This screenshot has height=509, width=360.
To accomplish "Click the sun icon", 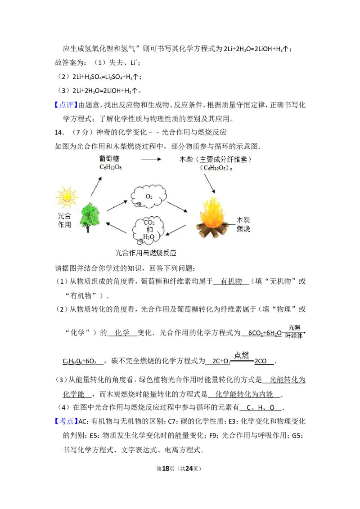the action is pyautogui.click(x=67, y=197).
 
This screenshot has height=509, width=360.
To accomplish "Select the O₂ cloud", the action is pyautogui.click(x=148, y=196).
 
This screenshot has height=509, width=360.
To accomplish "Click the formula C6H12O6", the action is pyautogui.click(x=111, y=167).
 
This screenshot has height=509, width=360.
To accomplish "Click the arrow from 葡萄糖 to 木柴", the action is pyautogui.click(x=151, y=159).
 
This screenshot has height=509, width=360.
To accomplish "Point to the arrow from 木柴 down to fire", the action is pyautogui.click(x=209, y=183).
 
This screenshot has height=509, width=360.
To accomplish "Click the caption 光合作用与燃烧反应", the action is pyautogui.click(x=146, y=254).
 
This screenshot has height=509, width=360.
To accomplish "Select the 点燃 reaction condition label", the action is pyautogui.click(x=241, y=355).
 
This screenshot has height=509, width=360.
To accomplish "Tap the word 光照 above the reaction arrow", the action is pyautogui.click(x=294, y=328).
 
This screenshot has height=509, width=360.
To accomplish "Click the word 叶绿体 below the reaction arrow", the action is pyautogui.click(x=294, y=336).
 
